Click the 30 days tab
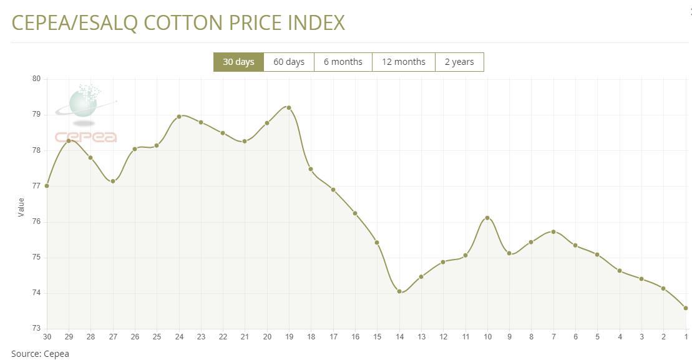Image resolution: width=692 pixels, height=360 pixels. pos(238,62)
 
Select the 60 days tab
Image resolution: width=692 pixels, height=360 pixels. pos(289,62)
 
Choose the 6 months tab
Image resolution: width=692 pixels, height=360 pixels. pos(343,62)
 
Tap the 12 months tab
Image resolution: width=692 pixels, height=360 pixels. pos(403,62)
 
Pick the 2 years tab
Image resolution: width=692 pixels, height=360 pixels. pos(459,62)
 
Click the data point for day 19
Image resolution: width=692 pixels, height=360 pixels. pos(289,107)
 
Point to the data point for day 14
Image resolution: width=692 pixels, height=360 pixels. pos(399,291)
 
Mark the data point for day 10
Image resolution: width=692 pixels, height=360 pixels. pos(487,218)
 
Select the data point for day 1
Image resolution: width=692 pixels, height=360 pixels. pos(686,308)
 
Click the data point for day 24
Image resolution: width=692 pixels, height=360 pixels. pos(179,116)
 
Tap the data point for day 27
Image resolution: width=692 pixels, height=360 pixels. pos(113,182)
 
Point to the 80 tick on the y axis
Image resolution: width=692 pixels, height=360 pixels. pos(36,79)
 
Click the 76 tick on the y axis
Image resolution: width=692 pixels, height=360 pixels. pos(36,221)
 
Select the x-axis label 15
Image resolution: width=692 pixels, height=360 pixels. pos(377,337)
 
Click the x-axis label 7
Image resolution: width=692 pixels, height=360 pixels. pos(553,337)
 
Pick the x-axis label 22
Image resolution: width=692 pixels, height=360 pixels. pos(223,337)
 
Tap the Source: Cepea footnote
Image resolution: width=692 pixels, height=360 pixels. pos(40,354)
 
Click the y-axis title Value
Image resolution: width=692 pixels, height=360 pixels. pos(21,207)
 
